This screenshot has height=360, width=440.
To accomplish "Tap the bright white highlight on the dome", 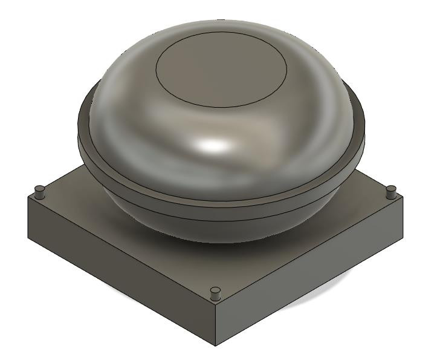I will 215,145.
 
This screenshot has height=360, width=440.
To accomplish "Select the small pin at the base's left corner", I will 40,192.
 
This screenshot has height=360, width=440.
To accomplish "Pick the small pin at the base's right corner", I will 390,192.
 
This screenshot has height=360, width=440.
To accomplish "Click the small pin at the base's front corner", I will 214,295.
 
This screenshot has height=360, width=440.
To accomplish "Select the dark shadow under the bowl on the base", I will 254,245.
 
